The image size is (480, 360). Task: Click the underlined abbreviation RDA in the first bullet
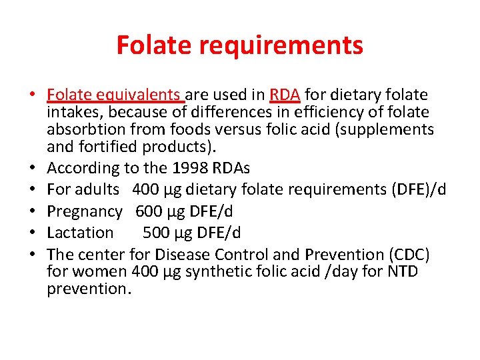(285, 95)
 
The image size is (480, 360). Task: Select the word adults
(97, 189)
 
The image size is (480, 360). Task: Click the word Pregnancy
(85, 211)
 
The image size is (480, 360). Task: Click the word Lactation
(81, 233)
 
